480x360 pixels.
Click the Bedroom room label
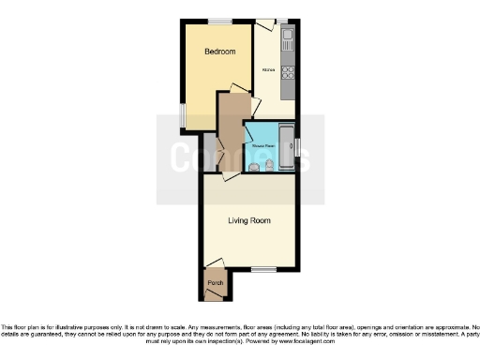coord(219,51)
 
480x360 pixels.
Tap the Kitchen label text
coord(268,70)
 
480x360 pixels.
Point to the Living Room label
coord(249,221)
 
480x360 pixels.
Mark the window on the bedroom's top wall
coord(221,21)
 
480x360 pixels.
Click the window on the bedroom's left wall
coord(183,112)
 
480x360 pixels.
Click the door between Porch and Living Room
coord(216,265)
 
